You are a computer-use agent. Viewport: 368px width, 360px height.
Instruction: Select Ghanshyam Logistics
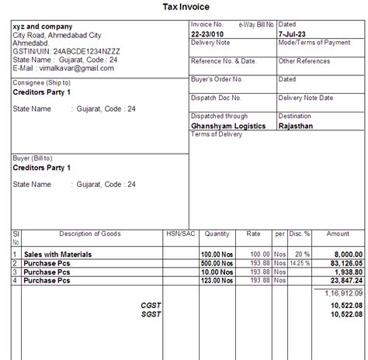[x=228, y=125]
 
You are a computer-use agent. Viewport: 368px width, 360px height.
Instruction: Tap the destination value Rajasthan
[x=297, y=125]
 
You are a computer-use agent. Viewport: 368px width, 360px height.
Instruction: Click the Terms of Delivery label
[x=217, y=133]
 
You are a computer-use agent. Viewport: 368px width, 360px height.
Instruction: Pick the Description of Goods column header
[x=89, y=233]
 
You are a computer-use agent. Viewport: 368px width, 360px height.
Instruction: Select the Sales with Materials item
[x=57, y=254]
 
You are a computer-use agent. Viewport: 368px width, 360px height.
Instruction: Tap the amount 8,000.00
[x=345, y=254]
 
